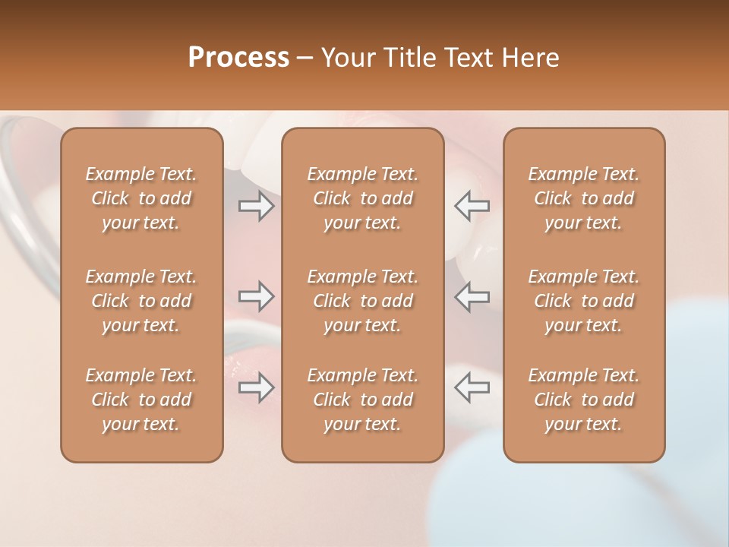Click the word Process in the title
click(238, 58)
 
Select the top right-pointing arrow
click(256, 205)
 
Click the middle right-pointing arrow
click(256, 296)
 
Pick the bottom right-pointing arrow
click(256, 387)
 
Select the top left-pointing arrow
click(472, 205)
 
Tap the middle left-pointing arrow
click(472, 296)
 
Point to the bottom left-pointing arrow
click(472, 387)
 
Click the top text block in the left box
click(141, 198)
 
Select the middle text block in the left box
click(141, 301)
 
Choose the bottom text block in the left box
click(141, 400)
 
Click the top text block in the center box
click(363, 198)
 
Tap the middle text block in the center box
click(363, 301)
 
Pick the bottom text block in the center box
click(363, 400)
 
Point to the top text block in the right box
click(584, 198)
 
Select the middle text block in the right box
click(584, 301)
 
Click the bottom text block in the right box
click(584, 400)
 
